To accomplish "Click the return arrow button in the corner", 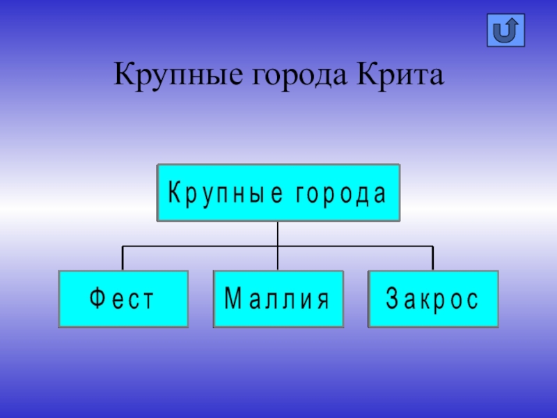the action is click(x=505, y=31).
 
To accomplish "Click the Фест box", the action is click(x=123, y=300).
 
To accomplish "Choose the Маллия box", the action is click(x=278, y=300).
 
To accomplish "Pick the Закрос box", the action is click(x=433, y=300).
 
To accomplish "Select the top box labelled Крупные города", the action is click(x=278, y=193).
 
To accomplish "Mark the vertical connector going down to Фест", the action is click(x=123, y=258).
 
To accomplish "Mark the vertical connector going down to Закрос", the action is click(x=433, y=258).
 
